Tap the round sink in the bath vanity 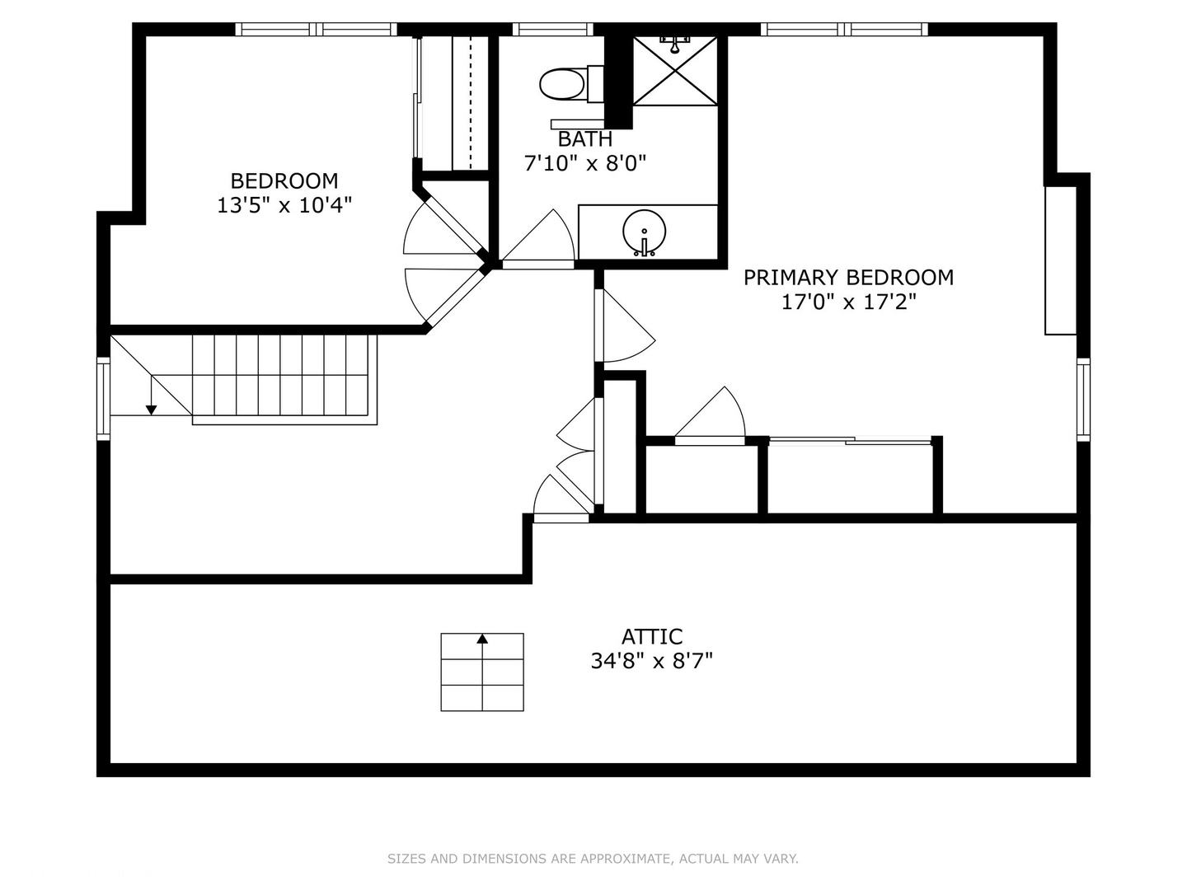coord(644,232)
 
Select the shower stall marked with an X coord(675,71)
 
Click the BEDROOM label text coord(284,180)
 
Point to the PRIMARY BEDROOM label coord(848,277)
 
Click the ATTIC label coord(652,636)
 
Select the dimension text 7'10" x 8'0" coord(585,162)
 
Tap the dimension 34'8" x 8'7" coord(652,661)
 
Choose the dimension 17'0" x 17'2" coord(848,302)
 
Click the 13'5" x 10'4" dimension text coord(284,205)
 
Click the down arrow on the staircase coord(152,396)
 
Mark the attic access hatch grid coord(482,672)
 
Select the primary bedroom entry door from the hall coord(625,326)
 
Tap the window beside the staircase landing coord(103,398)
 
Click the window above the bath coord(552,29)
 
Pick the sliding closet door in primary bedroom coord(850,441)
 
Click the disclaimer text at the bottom coord(593,859)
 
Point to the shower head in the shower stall coord(675,43)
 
